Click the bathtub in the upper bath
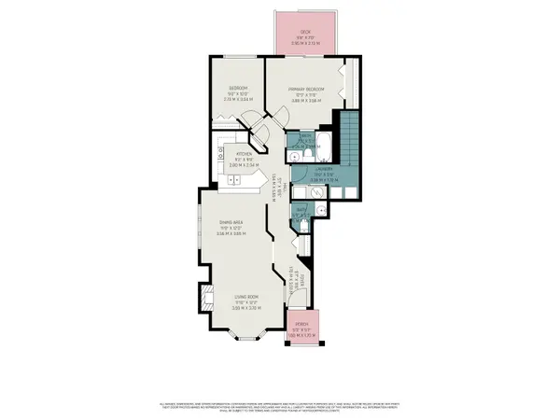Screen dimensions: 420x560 point(323,143)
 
